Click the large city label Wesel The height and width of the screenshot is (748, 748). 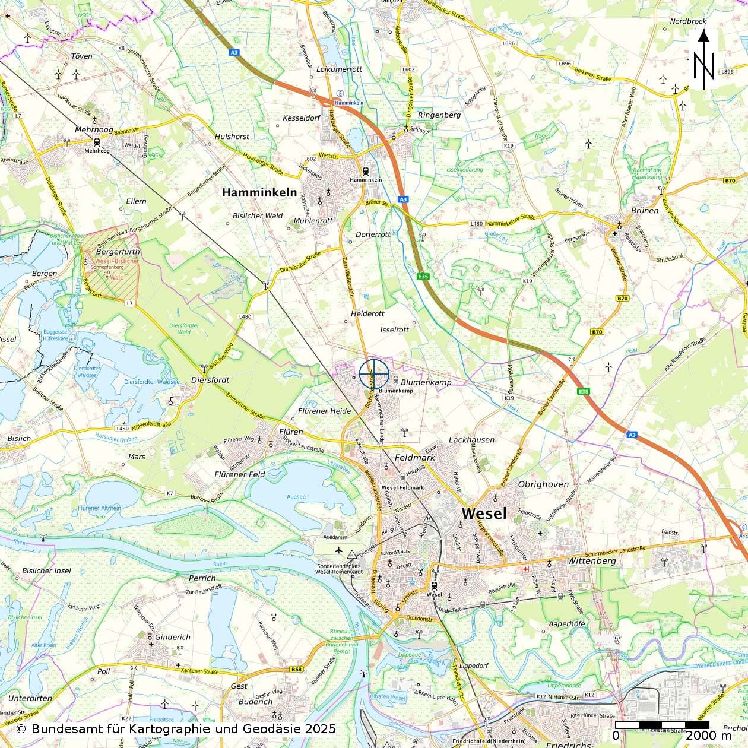point(484,513)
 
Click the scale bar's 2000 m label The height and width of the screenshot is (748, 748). point(709,736)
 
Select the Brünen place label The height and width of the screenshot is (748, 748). point(645,210)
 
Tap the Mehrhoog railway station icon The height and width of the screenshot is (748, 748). point(96,142)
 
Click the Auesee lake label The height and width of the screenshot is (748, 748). point(296,496)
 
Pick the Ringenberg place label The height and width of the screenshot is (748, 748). point(439,115)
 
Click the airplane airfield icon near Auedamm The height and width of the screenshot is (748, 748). point(339,551)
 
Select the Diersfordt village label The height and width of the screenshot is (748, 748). point(210,379)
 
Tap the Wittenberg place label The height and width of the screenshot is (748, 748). point(591,560)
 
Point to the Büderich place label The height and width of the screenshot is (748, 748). point(255,702)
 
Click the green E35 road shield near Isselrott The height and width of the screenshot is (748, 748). point(423,276)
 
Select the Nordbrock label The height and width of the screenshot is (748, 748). point(688,21)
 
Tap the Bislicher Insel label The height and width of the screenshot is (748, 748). point(46,571)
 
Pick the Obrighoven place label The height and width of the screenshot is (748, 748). point(543,484)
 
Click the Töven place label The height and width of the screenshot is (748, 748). point(81,56)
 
